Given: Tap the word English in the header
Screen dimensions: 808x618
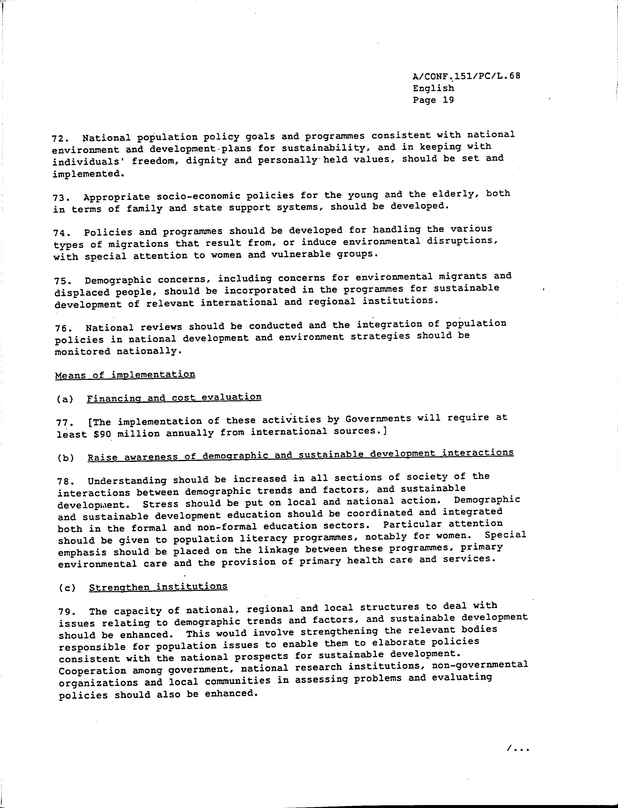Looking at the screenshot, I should [x=433, y=88].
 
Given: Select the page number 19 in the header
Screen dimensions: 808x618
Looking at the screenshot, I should [x=448, y=100].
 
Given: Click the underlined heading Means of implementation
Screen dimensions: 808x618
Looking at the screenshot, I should [x=125, y=375].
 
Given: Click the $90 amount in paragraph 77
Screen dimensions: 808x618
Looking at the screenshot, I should [x=102, y=434].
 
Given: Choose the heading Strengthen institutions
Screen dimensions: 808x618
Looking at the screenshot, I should [x=158, y=587].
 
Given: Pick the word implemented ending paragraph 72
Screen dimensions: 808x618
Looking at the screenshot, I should [x=88, y=174].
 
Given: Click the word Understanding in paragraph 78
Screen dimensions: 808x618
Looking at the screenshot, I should [x=127, y=481].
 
